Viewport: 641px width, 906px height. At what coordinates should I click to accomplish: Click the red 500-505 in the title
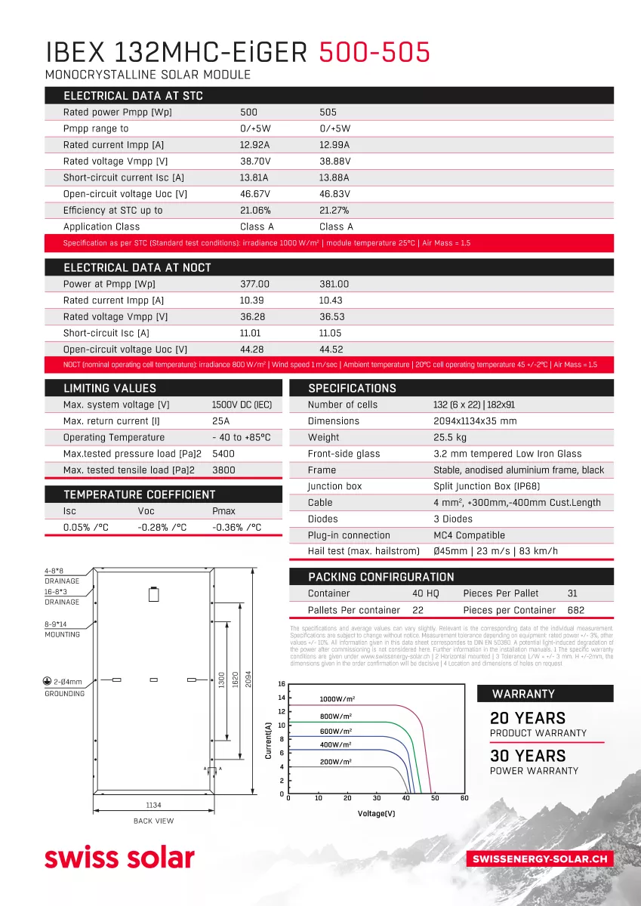click(374, 52)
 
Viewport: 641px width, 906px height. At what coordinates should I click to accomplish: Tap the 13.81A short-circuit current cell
click(254, 177)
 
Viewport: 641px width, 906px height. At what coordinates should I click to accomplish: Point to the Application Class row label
click(101, 226)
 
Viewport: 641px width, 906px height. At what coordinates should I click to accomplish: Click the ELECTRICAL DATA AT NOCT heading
click(137, 268)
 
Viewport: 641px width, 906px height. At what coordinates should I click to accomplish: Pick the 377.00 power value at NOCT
click(254, 284)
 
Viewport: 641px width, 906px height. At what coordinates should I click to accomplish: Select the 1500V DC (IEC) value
click(242, 405)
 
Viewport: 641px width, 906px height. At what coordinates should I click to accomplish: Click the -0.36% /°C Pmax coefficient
click(236, 527)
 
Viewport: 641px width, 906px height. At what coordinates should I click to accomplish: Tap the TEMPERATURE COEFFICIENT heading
click(139, 495)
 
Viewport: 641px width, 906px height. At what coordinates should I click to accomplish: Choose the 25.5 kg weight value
click(450, 437)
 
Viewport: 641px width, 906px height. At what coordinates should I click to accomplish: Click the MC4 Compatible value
click(469, 535)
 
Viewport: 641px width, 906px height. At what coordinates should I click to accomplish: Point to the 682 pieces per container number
click(575, 610)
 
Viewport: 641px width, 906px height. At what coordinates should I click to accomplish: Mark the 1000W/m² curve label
click(337, 699)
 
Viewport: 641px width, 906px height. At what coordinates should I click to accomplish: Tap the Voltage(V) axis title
click(376, 814)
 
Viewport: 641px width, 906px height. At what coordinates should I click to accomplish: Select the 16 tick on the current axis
click(282, 685)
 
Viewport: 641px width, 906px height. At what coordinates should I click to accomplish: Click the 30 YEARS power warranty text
click(527, 756)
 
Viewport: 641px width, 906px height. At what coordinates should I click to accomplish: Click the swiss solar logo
click(119, 858)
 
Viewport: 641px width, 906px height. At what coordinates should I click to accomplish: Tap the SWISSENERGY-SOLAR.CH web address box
click(540, 859)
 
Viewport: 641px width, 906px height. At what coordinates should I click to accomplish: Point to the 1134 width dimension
click(154, 806)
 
